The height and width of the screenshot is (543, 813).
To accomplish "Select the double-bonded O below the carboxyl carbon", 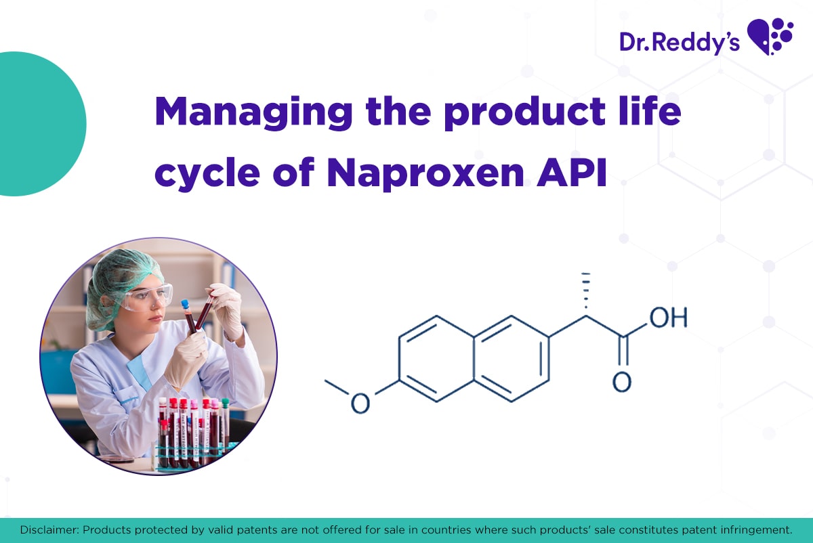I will [621, 382].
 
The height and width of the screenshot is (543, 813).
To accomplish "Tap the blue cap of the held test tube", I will [184, 305].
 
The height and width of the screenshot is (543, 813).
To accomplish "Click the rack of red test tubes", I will [193, 433].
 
